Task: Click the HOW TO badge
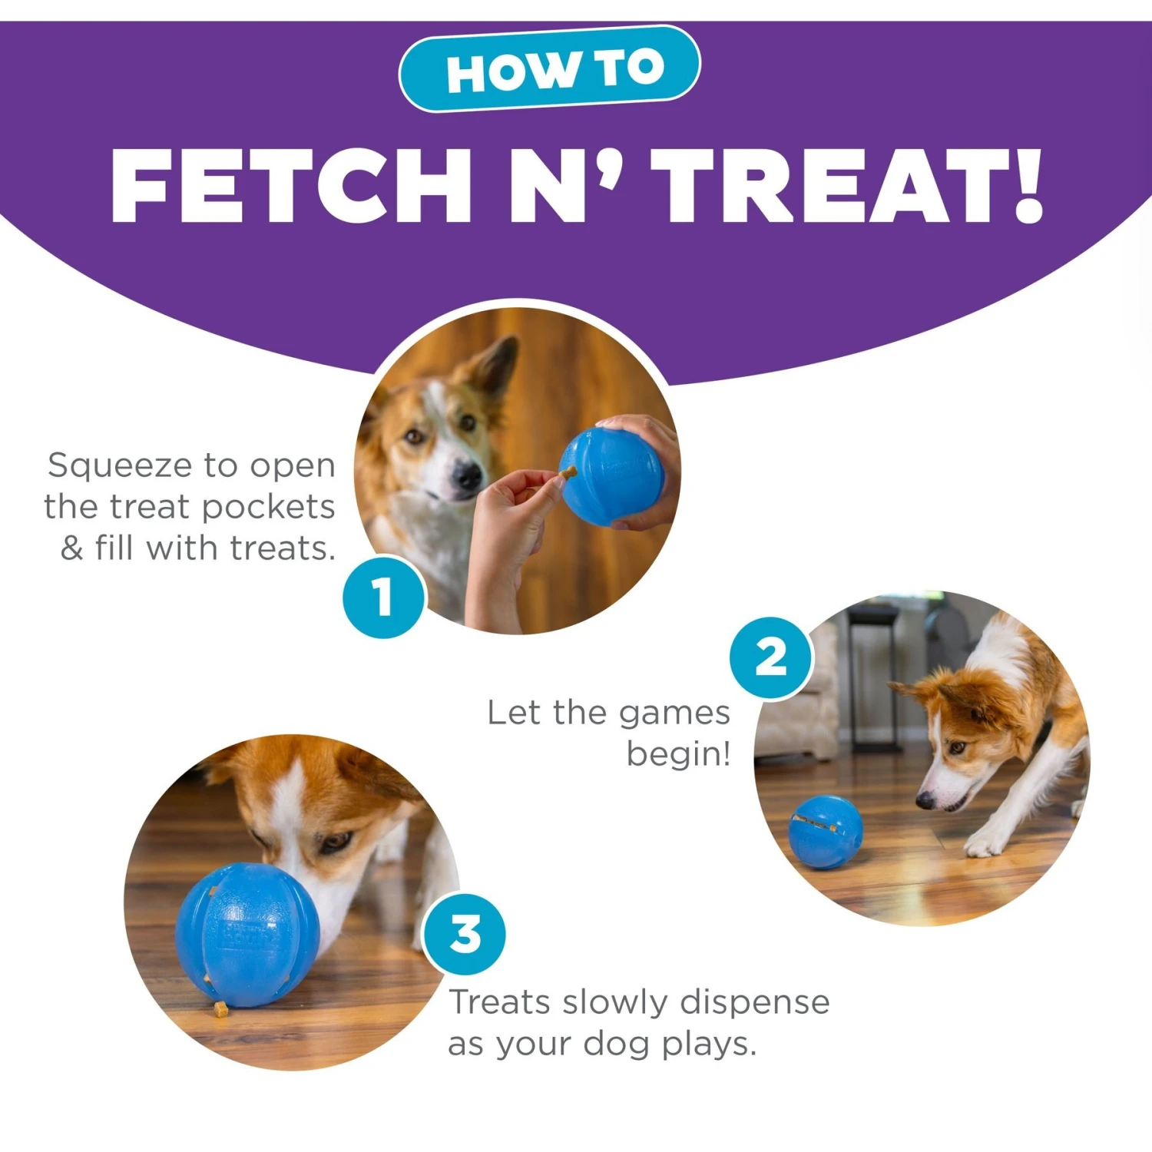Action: tap(549, 69)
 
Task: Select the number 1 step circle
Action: tap(383, 597)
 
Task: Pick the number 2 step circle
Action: tap(770, 657)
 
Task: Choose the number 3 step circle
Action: tap(465, 934)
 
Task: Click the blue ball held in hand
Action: tap(612, 477)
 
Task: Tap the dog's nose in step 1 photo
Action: tap(466, 477)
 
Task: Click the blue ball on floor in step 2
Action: tap(826, 832)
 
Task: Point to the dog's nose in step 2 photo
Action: tap(925, 800)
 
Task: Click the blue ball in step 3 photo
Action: tap(247, 935)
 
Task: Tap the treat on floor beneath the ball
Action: tap(221, 1009)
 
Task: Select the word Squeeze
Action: tap(121, 467)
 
